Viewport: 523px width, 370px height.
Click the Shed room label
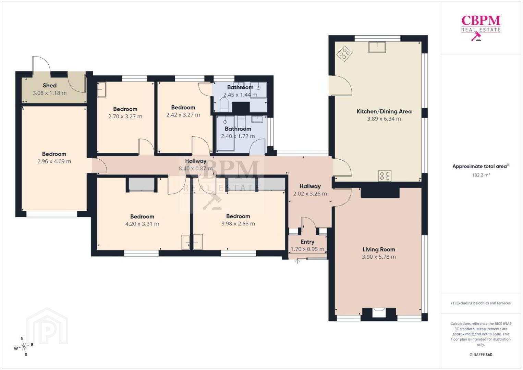pyautogui.click(x=49, y=85)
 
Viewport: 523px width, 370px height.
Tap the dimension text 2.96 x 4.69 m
pyautogui.click(x=54, y=161)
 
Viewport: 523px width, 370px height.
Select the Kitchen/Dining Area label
pyautogui.click(x=384, y=111)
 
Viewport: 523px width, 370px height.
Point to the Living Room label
pyautogui.click(x=379, y=249)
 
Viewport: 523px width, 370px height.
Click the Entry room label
pyautogui.click(x=307, y=242)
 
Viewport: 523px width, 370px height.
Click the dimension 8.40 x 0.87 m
pyautogui.click(x=196, y=168)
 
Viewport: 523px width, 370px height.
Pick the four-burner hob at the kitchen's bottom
pyautogui.click(x=385, y=175)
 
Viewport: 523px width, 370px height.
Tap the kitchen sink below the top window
pyautogui.click(x=377, y=47)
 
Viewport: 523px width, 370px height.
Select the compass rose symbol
pyautogui.click(x=24, y=346)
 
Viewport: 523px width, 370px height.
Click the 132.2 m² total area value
pyautogui.click(x=481, y=175)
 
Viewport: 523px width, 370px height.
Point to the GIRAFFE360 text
pyautogui.click(x=481, y=355)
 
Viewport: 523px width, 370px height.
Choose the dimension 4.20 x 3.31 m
pyautogui.click(x=142, y=224)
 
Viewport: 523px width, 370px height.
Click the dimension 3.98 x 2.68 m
pyautogui.click(x=238, y=224)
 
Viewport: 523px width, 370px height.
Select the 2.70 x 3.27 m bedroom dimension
pyautogui.click(x=125, y=116)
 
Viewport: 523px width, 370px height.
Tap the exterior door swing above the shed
pyautogui.click(x=41, y=64)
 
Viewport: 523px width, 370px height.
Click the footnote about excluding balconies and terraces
pyautogui.click(x=481, y=303)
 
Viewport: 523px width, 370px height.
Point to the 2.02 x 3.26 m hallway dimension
pyautogui.click(x=310, y=194)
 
